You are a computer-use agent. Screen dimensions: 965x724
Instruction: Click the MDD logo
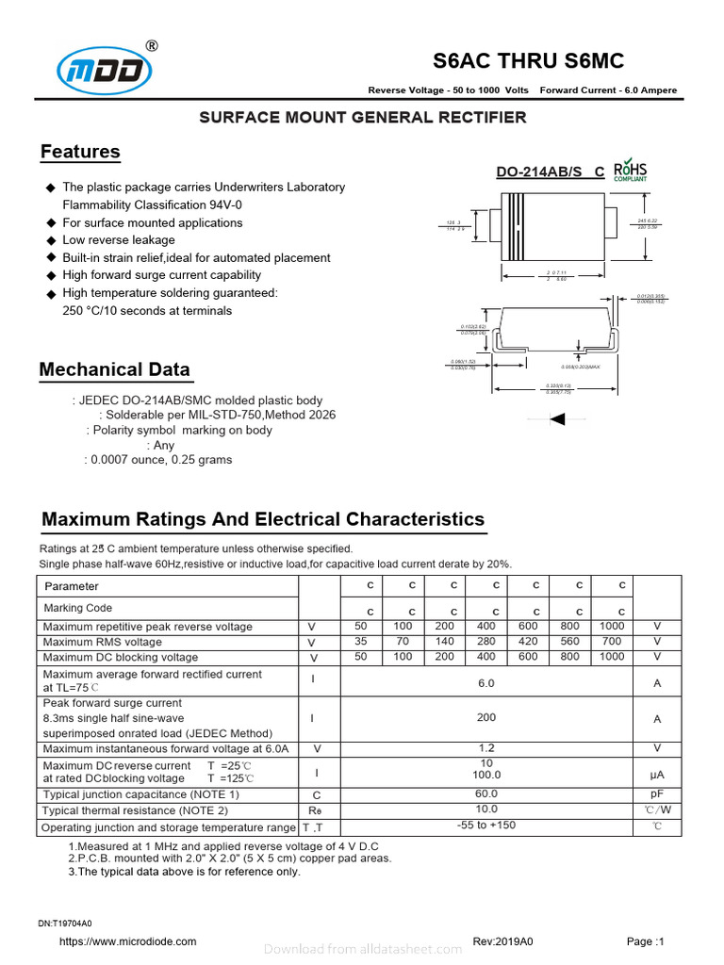click(x=104, y=70)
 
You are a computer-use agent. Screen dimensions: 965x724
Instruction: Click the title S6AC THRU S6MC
click(x=528, y=61)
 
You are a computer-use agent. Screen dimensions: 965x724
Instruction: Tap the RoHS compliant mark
click(x=630, y=171)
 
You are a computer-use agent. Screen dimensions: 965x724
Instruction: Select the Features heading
click(x=80, y=152)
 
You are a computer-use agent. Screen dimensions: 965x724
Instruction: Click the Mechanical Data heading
click(x=114, y=369)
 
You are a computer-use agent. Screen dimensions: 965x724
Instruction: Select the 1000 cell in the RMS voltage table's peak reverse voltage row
click(x=612, y=627)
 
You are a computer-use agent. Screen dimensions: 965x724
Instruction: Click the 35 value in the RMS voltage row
click(x=360, y=642)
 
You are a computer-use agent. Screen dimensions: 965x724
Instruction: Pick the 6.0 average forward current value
click(x=486, y=683)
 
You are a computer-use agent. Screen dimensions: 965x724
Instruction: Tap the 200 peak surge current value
click(x=486, y=718)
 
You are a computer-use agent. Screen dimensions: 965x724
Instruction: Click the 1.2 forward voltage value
click(x=486, y=748)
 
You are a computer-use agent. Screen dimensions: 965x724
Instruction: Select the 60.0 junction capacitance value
click(x=486, y=794)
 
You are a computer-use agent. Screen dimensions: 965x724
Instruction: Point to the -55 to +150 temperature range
click(x=486, y=826)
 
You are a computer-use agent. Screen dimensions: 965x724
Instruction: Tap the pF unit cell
click(x=657, y=794)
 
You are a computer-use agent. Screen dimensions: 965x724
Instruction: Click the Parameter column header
click(x=72, y=586)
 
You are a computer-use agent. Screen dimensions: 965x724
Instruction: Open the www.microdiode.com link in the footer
click(x=128, y=941)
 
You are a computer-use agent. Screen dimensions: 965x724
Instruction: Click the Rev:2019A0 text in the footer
click(x=502, y=941)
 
